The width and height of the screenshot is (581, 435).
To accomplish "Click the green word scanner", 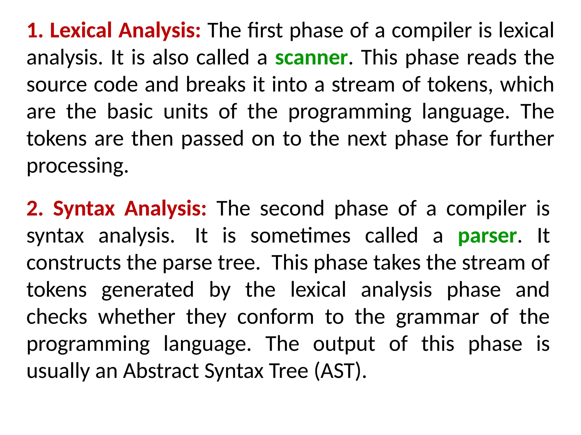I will tap(311, 58).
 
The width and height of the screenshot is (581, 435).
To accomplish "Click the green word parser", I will tap(487, 236).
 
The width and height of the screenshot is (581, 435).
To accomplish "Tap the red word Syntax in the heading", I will tap(84, 209).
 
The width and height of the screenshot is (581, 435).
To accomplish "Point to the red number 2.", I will tap(34, 209).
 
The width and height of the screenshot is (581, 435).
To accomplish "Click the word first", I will tap(265, 30).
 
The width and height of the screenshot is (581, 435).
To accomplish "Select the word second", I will tap(292, 209).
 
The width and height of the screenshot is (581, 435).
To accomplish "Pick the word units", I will tap(186, 112).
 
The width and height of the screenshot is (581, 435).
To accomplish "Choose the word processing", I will tap(77, 167).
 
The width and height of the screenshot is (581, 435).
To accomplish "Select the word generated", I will tap(148, 290).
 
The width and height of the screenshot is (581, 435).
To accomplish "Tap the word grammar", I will tap(437, 317).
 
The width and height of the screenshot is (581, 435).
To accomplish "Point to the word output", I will tap(344, 344).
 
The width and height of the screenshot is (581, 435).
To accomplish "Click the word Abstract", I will tap(161, 371).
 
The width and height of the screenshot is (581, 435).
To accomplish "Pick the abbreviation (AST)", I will tap(340, 371).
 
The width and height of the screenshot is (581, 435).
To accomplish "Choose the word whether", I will tap(137, 317).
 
